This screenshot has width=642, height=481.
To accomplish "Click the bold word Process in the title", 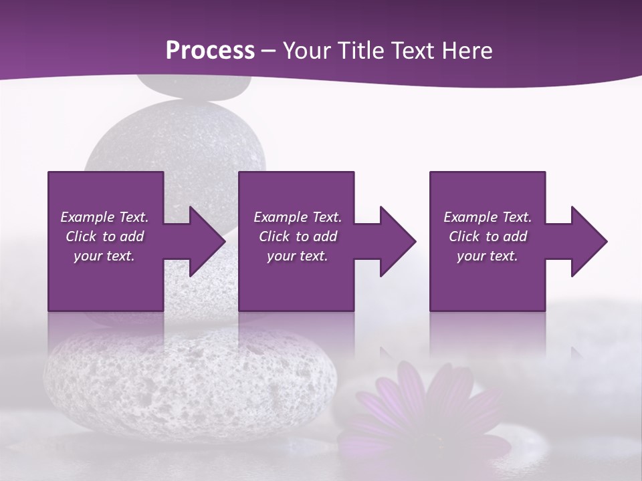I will pos(210,50).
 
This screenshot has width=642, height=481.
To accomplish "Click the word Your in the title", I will pos(307,50).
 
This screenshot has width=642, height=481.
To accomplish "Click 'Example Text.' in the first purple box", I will pos(104,217).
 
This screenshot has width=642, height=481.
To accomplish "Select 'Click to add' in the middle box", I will pos(297,236).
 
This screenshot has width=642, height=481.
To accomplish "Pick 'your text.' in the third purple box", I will pos(487,256).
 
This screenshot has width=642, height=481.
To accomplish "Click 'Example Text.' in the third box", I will pos(487,217).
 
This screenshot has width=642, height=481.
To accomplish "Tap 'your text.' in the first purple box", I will pos(104,256).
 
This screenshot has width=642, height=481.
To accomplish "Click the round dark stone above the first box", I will pos(177,140).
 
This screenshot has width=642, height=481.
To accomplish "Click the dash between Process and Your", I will pos(269,51).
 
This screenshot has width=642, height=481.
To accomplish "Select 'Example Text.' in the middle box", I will pos(297,217).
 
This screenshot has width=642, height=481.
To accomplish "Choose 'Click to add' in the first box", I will pos(104,236).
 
